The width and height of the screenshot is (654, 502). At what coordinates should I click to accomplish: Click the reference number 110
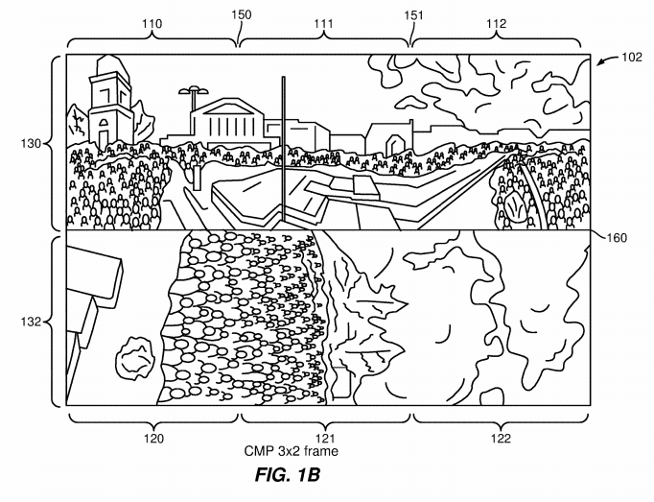pos(152,24)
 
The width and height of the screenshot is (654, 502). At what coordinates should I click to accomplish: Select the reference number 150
pos(242,15)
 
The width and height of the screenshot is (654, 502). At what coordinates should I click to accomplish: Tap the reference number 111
pos(324,24)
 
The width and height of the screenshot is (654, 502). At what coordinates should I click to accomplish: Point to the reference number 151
pos(413,16)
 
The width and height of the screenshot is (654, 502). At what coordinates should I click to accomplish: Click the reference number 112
pos(497,24)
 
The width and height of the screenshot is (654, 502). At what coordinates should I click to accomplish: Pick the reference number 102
pos(632,57)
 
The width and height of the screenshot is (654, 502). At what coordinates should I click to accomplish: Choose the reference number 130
pos(32,144)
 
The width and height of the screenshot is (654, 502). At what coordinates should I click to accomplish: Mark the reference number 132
pos(32,322)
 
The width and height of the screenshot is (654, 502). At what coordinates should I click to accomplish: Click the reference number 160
pos(617,238)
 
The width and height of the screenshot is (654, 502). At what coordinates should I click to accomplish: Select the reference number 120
pos(153,439)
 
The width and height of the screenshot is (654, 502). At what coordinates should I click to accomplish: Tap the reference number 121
pos(325,439)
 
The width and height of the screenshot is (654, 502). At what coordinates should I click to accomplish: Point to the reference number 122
pos(501,439)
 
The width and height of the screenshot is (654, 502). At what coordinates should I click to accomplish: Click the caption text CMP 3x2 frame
pos(292,451)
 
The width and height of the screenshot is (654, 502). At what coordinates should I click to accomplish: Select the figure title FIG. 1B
pos(288,475)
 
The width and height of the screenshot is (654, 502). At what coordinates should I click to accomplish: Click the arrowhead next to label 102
pos(599,62)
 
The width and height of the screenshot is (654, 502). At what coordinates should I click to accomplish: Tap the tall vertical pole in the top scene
pos(283,149)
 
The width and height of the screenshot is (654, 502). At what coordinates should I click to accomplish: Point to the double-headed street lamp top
pos(194,90)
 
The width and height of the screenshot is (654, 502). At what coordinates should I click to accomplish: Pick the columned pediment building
pos(227,122)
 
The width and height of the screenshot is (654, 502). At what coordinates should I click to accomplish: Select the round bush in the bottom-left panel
pos(134,358)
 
